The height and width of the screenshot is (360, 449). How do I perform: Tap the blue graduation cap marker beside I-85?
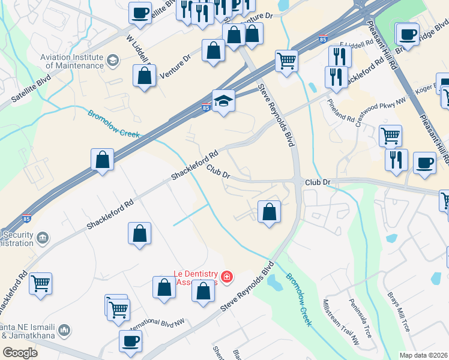point(223,100)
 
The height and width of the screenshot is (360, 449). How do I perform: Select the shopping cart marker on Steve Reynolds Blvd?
point(287,60)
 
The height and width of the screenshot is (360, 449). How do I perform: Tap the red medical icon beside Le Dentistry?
point(226,277)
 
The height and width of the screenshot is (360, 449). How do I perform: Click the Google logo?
point(20,352)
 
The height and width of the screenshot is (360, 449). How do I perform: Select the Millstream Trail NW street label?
point(340,322)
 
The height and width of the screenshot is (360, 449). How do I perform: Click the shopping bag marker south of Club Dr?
point(270,211)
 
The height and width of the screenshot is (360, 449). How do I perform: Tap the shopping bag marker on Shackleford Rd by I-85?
point(102,160)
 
